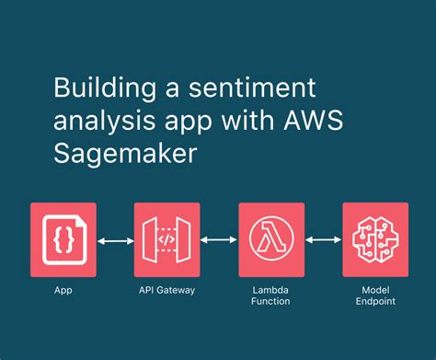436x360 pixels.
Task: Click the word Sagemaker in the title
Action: point(114,152)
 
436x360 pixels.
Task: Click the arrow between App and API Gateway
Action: point(115,241)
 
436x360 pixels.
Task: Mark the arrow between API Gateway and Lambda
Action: point(219,241)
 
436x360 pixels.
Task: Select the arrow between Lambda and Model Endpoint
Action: point(323,241)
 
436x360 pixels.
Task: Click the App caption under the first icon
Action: point(63,289)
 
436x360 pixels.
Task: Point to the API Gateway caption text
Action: point(166,289)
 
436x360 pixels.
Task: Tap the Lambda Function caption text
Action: point(271,295)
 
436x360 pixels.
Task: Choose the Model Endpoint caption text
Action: point(375,295)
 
